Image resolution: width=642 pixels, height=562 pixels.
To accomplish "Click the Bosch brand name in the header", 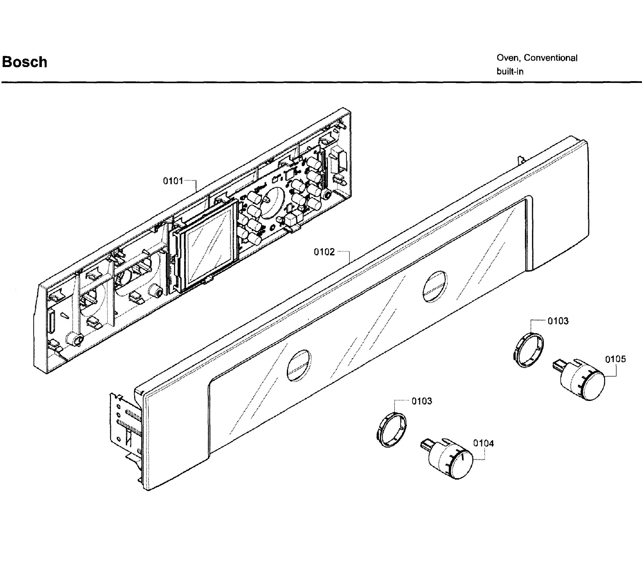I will [x=24, y=62].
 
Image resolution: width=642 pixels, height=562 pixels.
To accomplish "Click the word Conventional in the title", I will [x=550, y=58].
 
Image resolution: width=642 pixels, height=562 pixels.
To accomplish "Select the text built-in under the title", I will [x=510, y=72].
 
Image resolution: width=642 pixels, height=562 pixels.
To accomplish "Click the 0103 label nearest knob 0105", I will [x=558, y=321].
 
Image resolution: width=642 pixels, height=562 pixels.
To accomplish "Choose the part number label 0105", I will [x=615, y=359].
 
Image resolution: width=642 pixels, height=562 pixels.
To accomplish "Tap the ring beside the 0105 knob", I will [x=528, y=350].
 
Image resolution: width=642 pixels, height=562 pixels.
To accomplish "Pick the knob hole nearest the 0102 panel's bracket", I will [x=299, y=365].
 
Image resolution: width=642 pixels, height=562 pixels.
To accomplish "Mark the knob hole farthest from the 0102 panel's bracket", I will [x=435, y=287].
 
